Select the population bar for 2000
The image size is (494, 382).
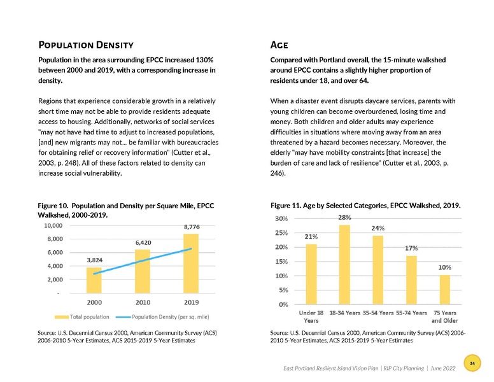pos(94,280)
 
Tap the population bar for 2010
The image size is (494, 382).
pos(143,271)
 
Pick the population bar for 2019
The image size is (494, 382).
pos(191,264)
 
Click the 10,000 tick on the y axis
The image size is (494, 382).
pos(52,225)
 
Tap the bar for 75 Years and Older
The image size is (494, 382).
pos(445,289)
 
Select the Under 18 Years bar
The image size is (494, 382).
pos(311,274)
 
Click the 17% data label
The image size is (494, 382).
pos(411,248)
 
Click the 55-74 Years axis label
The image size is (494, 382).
pos(411,313)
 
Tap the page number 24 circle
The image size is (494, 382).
pos(472,363)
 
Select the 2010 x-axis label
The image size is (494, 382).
pos(143,302)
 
